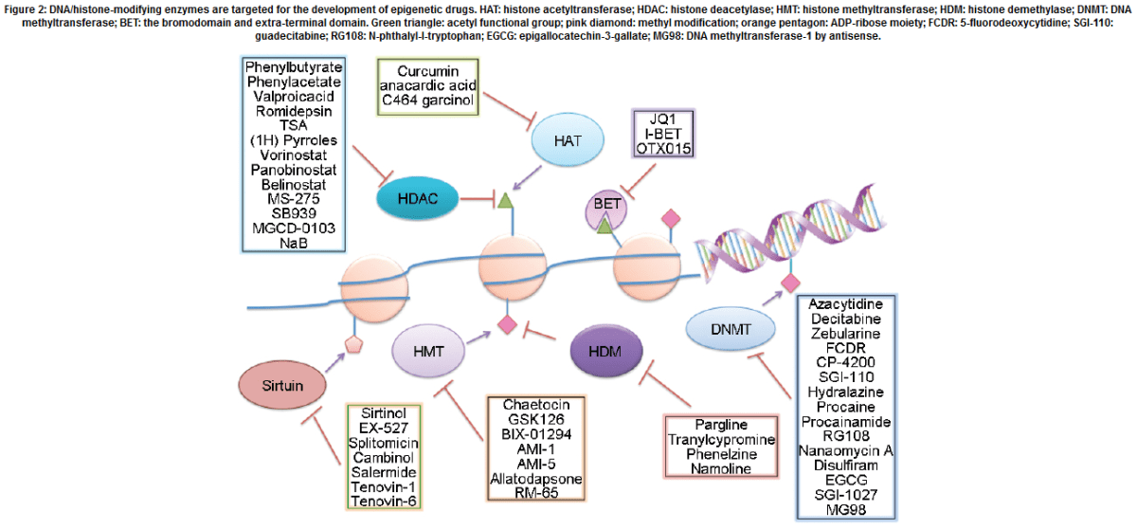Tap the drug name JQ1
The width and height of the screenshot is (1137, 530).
[x=664, y=119]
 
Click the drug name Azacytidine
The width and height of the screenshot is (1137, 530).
[x=846, y=303]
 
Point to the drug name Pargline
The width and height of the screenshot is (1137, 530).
[x=719, y=424]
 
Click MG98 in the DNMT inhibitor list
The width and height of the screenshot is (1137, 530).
[x=846, y=510]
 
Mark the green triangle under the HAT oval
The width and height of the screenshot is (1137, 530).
[x=505, y=199]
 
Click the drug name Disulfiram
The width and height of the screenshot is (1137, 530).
[x=846, y=465]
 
